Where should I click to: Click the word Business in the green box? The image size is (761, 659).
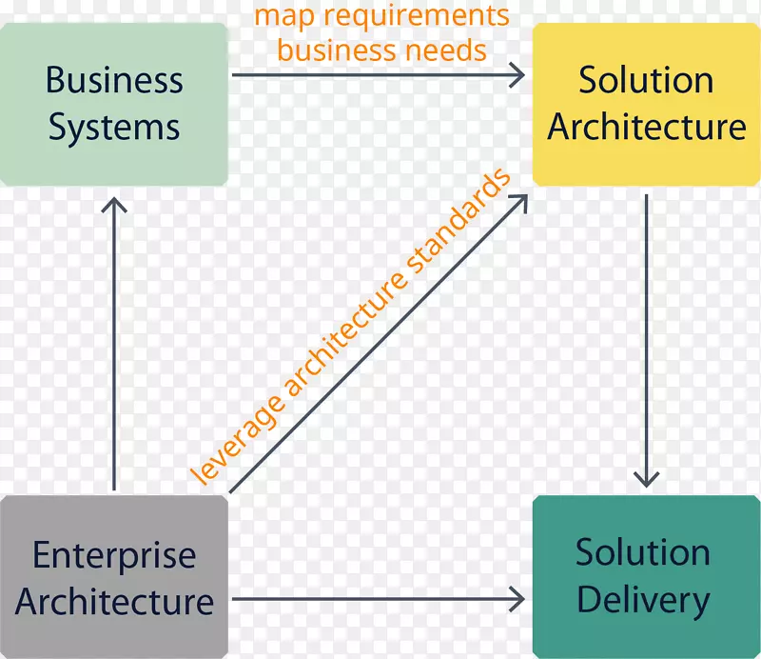click(x=114, y=81)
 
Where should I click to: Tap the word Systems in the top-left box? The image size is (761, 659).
click(x=114, y=128)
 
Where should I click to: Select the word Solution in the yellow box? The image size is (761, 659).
click(x=646, y=81)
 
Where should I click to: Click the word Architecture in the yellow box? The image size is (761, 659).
click(x=646, y=128)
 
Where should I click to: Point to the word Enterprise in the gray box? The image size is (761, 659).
click(x=114, y=555)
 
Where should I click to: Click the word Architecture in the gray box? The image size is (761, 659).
click(x=114, y=602)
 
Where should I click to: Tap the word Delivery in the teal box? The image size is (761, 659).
click(x=643, y=600)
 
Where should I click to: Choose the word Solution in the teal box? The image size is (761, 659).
click(x=643, y=553)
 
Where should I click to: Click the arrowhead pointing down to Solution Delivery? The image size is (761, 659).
click(x=647, y=478)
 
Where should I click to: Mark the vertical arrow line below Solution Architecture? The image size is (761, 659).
click(x=647, y=333)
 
